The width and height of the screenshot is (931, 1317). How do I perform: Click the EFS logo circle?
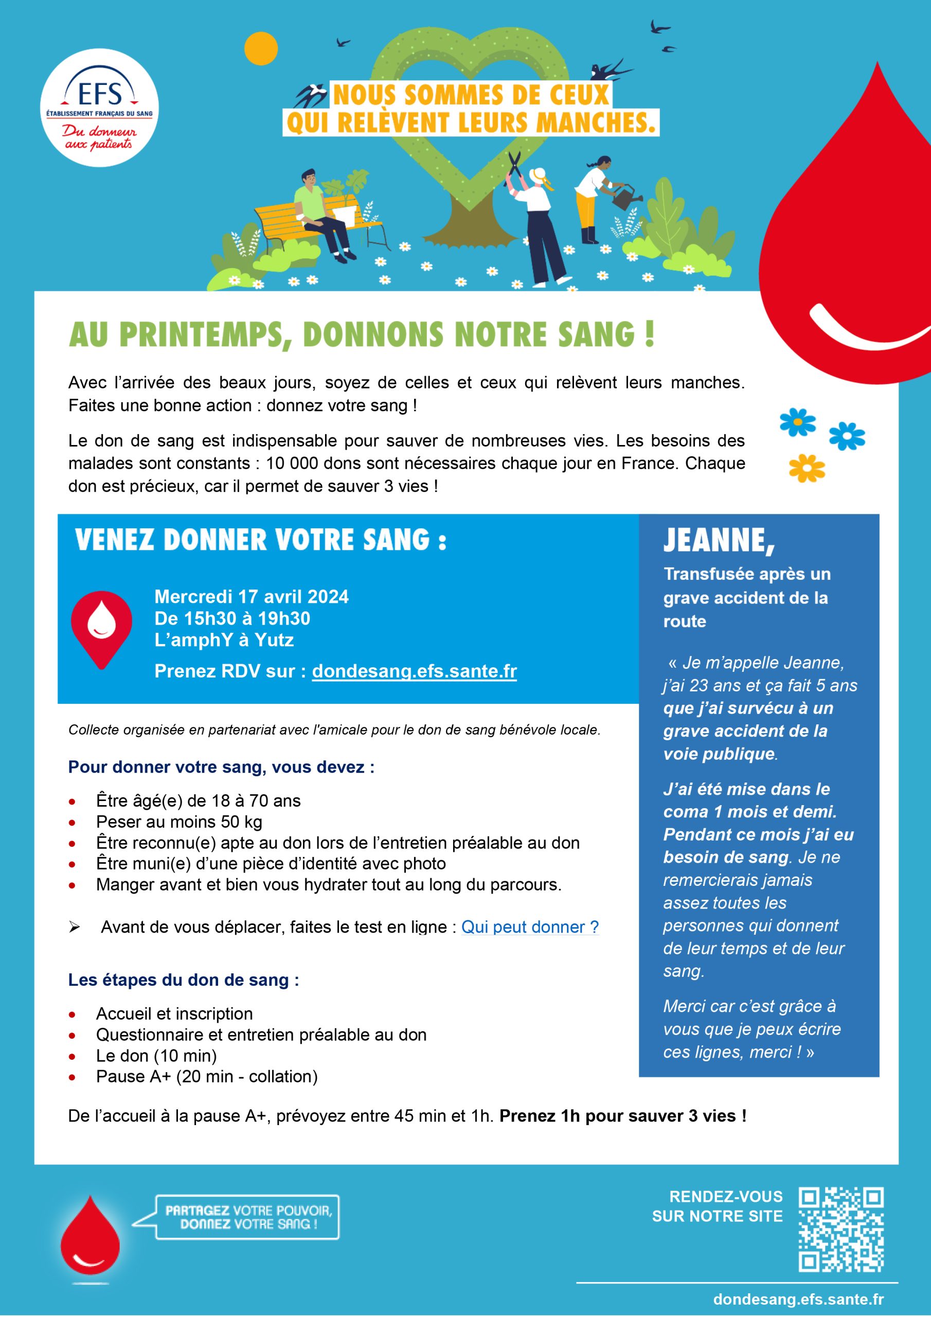click(100, 108)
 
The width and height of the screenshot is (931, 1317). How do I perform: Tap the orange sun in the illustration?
click(260, 49)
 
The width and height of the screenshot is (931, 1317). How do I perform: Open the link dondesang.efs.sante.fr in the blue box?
click(414, 671)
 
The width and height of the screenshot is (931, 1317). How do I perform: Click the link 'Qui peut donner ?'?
click(529, 928)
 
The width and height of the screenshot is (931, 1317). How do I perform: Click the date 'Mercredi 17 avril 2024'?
click(251, 597)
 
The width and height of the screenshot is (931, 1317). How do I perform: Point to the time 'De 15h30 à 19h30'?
click(232, 618)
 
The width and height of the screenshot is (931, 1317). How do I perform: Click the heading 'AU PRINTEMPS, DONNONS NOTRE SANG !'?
click(362, 335)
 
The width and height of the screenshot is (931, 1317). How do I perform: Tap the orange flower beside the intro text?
click(807, 469)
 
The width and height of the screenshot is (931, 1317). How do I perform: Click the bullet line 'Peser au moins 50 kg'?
click(179, 822)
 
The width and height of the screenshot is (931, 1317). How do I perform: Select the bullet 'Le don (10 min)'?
click(156, 1056)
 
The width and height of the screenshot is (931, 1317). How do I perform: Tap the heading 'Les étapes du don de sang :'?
click(184, 980)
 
